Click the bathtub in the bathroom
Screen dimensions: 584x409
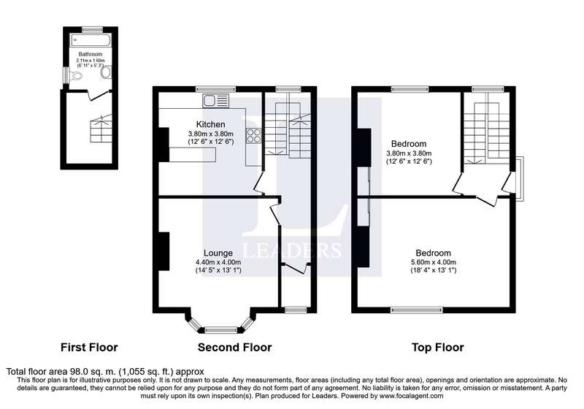pos(91,40)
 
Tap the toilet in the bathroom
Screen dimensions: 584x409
pos(76,76)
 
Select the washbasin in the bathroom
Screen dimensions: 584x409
pos(106,72)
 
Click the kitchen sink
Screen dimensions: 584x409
pos(216,101)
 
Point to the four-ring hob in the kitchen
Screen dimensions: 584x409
pos(253,135)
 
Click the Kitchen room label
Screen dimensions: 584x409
pos(210,124)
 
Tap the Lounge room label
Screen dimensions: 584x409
pos(218,253)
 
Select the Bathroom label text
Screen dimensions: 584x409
pos(90,54)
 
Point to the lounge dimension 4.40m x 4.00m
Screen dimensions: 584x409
pos(218,262)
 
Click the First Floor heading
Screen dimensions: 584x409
pos(89,348)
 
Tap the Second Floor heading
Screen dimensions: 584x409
pos(234,348)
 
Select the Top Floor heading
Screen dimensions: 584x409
pos(437,348)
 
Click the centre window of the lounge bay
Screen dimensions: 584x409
pos(221,329)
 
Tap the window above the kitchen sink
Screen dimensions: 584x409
pos(216,89)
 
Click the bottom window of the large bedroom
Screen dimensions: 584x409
pos(417,310)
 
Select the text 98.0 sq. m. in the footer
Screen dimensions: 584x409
pos(93,371)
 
